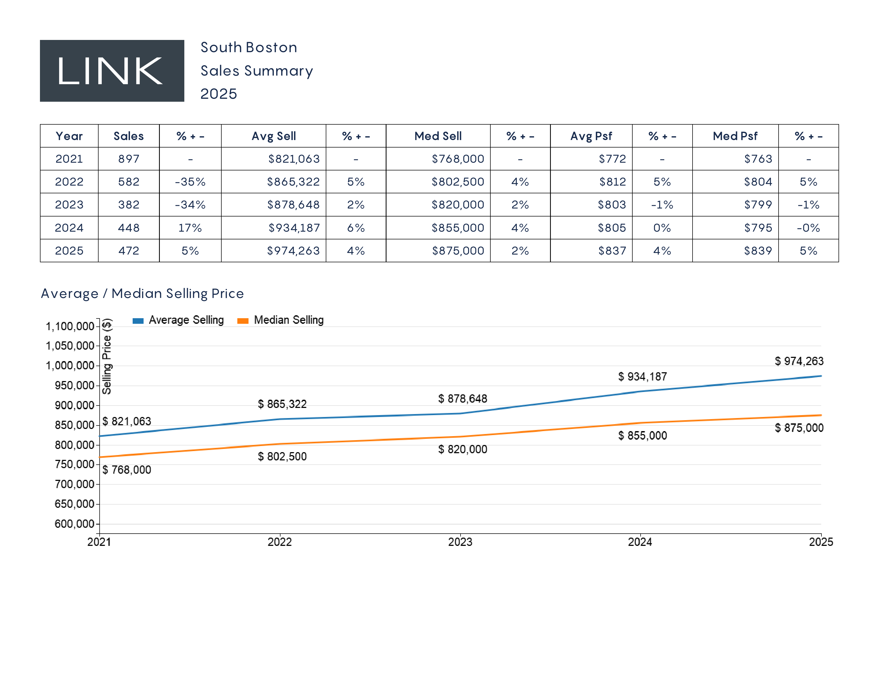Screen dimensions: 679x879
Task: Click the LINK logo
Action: [x=112, y=71]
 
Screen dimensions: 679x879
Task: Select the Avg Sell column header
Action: [x=274, y=136]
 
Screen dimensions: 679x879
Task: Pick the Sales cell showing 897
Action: [x=129, y=159]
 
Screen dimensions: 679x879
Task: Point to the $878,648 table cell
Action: [x=294, y=205]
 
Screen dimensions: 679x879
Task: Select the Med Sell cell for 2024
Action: [x=458, y=228]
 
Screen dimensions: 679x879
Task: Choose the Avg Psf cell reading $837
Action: [x=612, y=251]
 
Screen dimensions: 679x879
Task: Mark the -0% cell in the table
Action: [x=808, y=228]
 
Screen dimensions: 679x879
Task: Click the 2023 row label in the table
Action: [x=69, y=205]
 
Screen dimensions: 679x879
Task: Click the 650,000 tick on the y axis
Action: [x=75, y=504]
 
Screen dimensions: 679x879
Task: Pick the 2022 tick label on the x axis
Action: [x=280, y=542]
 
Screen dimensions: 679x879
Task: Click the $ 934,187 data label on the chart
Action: [x=642, y=377]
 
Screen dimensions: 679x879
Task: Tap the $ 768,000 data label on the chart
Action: [x=127, y=470]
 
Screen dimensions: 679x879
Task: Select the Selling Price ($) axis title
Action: [x=107, y=356]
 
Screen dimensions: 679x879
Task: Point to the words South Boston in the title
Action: [x=249, y=47]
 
